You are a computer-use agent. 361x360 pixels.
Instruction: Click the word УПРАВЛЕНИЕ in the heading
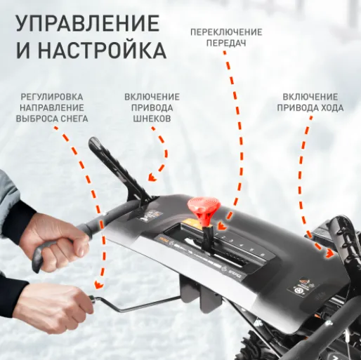88,23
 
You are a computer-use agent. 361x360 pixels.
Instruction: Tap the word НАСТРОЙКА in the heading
102,51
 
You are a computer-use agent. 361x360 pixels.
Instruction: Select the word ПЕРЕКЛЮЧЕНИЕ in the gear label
226,32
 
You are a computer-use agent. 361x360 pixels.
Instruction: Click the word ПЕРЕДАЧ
226,43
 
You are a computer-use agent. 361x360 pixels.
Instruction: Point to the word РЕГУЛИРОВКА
52,97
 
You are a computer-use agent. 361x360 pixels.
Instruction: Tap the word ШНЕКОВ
152,119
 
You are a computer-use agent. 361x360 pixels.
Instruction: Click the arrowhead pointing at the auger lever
152,178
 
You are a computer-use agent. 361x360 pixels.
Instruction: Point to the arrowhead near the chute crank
99,285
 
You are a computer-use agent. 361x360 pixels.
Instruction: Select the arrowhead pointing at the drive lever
329,253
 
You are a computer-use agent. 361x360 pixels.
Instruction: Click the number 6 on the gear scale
263,255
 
